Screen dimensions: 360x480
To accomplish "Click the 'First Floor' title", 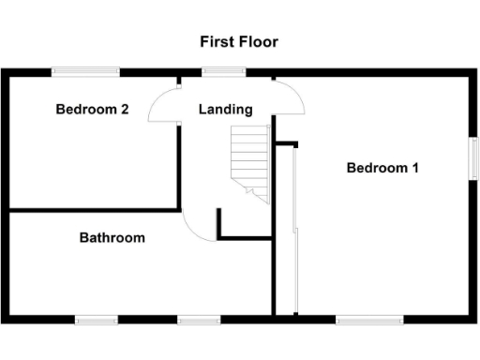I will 239,42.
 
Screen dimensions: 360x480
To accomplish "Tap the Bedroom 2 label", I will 92,110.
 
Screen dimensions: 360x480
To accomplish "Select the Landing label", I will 225,110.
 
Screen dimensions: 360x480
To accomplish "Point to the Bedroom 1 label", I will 382,168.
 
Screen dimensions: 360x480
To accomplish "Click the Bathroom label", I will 112,238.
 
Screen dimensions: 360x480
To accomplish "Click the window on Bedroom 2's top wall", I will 85,71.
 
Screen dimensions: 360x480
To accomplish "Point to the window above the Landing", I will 224,71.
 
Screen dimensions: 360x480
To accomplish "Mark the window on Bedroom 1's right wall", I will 473,156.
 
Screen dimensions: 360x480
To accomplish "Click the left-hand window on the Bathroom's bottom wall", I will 97,320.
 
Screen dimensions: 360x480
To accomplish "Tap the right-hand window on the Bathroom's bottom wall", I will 199,320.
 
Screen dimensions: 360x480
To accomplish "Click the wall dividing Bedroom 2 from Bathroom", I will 94,210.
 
